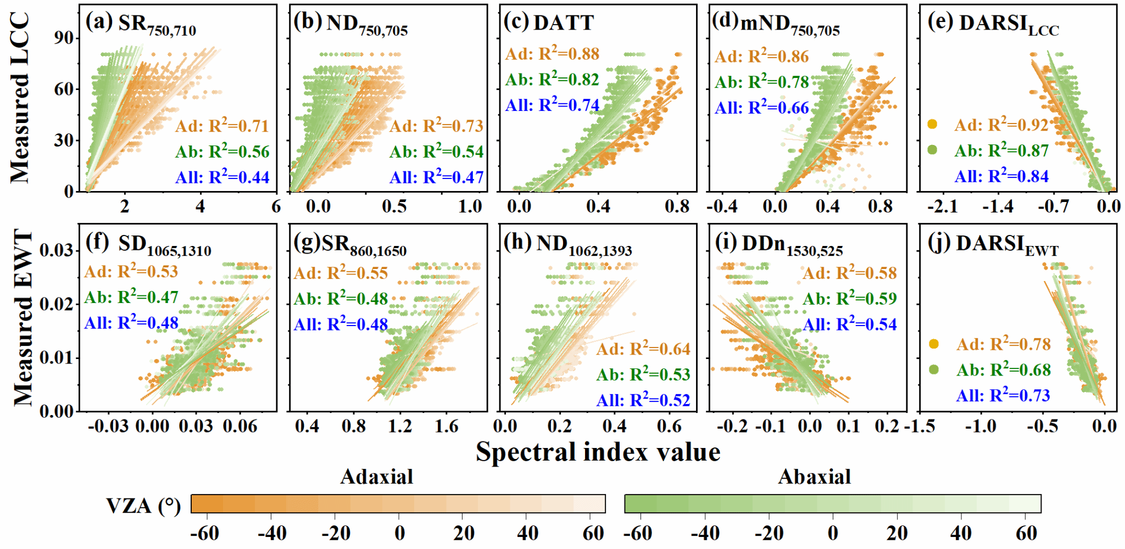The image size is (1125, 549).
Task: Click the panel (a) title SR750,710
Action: (x=157, y=25)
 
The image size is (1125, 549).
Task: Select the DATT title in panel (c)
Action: (x=564, y=23)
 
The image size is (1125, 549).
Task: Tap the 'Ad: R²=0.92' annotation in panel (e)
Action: (x=1001, y=125)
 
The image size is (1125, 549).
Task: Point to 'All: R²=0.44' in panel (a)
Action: (x=222, y=177)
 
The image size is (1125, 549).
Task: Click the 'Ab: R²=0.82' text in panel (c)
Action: (x=552, y=80)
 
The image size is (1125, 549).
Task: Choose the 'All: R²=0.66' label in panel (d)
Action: (x=761, y=108)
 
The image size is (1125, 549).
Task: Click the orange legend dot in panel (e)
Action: (x=932, y=124)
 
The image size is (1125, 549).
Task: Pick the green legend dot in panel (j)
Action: (x=933, y=369)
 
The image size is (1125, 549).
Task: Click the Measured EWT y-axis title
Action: (x=23, y=318)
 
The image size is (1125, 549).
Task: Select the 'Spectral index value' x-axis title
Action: (x=598, y=452)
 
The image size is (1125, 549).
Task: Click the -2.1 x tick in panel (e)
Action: (x=943, y=206)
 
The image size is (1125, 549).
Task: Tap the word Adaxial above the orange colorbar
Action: (x=376, y=477)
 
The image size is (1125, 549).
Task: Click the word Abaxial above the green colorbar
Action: (x=814, y=477)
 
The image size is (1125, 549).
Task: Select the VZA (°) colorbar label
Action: (x=143, y=505)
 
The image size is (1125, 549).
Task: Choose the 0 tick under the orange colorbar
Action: (x=399, y=533)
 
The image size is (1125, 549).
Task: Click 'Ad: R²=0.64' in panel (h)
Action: (x=643, y=349)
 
